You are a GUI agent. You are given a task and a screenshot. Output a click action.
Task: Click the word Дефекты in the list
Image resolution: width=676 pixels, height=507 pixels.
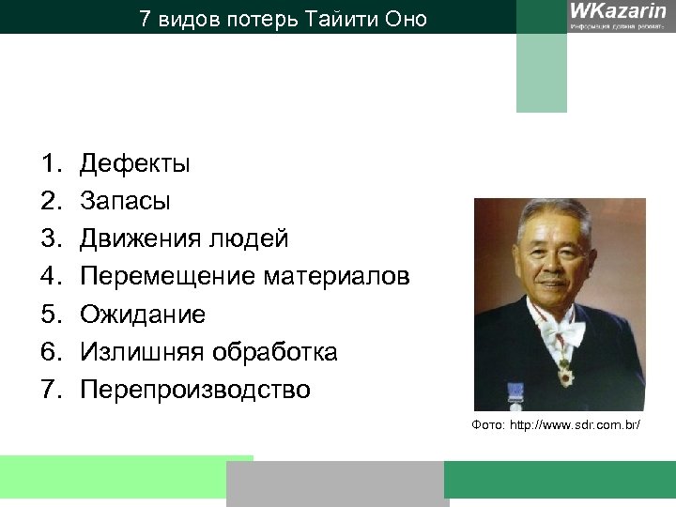(x=135, y=164)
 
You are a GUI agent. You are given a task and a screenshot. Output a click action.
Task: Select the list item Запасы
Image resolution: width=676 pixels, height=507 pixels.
(x=125, y=202)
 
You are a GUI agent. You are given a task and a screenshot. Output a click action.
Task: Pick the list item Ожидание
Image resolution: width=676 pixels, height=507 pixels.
(x=142, y=315)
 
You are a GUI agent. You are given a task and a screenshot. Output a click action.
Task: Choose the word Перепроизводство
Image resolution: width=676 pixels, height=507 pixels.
(x=194, y=390)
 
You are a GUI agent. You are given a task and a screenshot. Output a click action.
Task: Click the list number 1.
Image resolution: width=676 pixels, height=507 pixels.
(x=49, y=164)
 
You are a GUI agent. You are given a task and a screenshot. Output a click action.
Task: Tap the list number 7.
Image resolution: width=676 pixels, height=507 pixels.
(x=49, y=390)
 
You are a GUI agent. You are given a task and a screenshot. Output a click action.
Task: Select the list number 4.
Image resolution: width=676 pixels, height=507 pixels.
(x=49, y=277)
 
